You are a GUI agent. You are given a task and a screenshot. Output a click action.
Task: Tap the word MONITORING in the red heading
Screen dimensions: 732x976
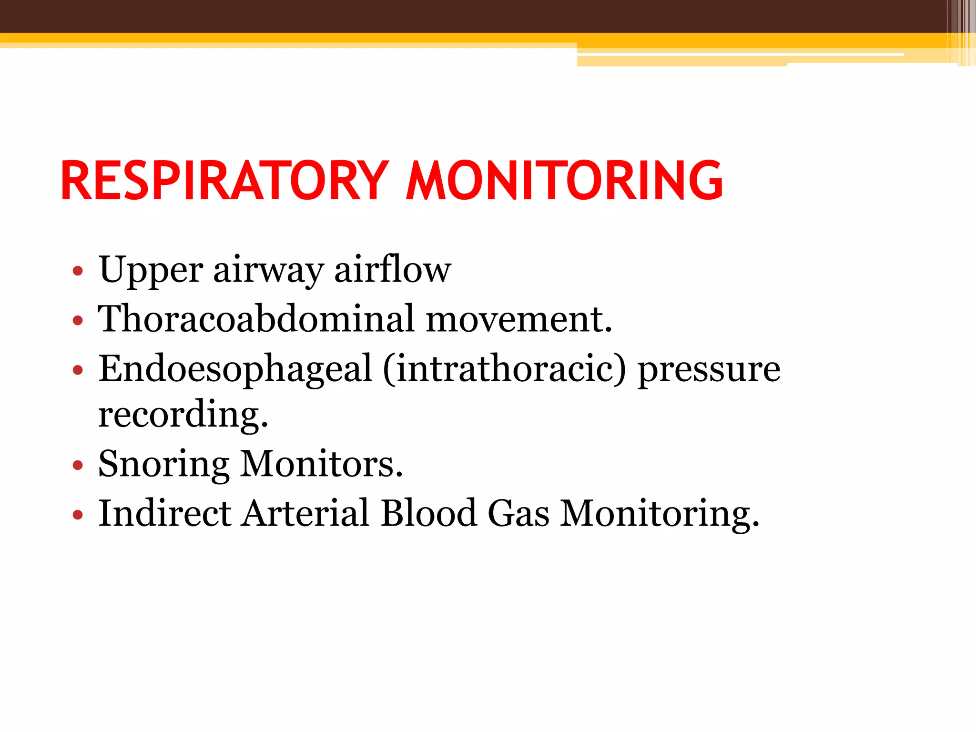(x=564, y=181)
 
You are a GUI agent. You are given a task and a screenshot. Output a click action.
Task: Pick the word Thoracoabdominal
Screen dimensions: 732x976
(x=256, y=319)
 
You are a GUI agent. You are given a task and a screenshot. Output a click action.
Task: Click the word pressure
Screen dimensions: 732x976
(x=709, y=369)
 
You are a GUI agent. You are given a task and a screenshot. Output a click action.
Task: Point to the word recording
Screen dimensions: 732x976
(x=183, y=415)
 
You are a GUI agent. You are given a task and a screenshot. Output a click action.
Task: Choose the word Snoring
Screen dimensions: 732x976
(x=163, y=464)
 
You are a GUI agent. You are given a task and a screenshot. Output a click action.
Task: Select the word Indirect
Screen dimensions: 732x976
(x=165, y=513)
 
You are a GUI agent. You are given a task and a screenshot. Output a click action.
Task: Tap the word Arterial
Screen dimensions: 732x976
(x=305, y=513)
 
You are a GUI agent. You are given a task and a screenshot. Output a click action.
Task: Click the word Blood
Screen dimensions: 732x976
(x=429, y=513)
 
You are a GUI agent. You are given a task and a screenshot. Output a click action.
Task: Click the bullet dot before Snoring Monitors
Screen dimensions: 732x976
(x=78, y=465)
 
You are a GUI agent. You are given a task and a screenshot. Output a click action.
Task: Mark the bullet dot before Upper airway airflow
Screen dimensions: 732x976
(x=78, y=272)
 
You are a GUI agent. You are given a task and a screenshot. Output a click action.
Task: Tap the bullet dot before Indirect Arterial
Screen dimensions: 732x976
(x=78, y=515)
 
